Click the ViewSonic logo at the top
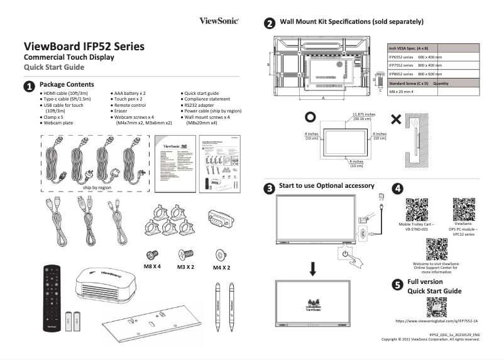219,21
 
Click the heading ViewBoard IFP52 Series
84,46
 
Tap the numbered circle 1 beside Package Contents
30,85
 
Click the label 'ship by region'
97,187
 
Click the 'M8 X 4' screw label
153,267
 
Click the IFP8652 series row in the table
415,74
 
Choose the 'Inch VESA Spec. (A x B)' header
415,48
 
